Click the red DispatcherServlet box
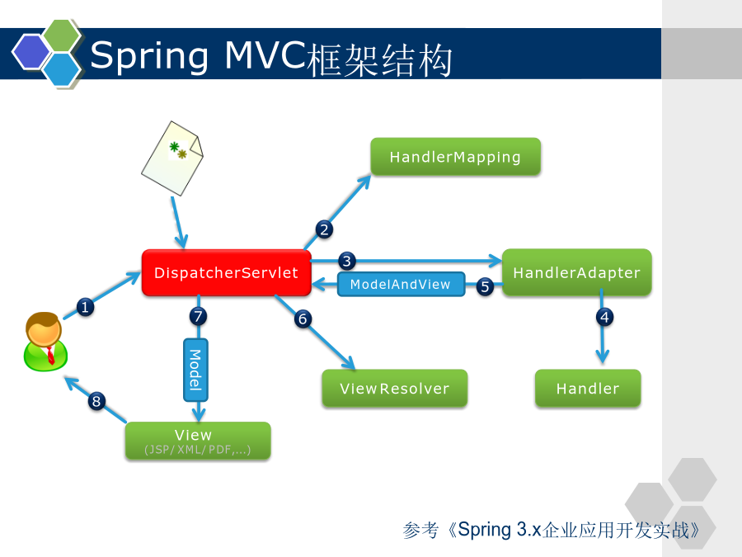click(226, 273)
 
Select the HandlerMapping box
click(455, 157)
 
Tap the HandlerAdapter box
click(576, 272)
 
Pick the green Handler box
click(588, 389)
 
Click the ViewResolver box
click(395, 389)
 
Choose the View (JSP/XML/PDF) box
click(198, 441)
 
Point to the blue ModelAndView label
click(401, 284)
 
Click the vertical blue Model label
click(195, 370)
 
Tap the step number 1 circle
click(85, 308)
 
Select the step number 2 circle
click(324, 229)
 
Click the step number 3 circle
click(347, 261)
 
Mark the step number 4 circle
click(605, 317)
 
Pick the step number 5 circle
click(485, 286)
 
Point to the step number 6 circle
click(303, 319)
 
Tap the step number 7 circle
click(198, 316)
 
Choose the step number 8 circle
click(96, 401)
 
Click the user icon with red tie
click(45, 342)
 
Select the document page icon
click(172, 158)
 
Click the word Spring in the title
click(149, 56)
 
